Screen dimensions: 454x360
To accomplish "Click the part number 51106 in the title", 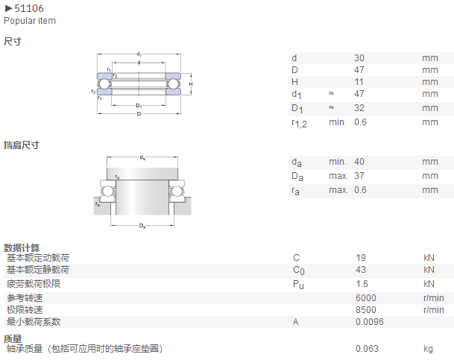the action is [x=29, y=8].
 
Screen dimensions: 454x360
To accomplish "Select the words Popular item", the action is [x=30, y=21].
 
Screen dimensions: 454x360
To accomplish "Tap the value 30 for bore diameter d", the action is [x=359, y=58].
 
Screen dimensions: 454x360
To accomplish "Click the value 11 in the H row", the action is [x=359, y=82].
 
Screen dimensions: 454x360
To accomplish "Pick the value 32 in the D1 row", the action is [x=359, y=107].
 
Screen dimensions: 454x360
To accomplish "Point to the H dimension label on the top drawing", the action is [x=191, y=84].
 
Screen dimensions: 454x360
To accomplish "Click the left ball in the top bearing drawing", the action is [x=104, y=84].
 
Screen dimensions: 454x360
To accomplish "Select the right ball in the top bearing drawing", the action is [x=173, y=84].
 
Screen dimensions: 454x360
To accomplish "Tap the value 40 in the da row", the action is [x=359, y=162].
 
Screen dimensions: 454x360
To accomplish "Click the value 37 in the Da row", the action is [x=359, y=176].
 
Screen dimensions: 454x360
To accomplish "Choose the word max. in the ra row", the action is [x=338, y=190].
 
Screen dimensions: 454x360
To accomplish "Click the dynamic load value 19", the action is [x=361, y=258].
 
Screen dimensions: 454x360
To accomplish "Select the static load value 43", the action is [x=361, y=270].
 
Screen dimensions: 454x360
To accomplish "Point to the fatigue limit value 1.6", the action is [x=362, y=284].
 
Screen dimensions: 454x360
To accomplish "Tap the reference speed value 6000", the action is [x=366, y=298].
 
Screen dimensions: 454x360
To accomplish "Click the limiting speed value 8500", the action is [x=366, y=310].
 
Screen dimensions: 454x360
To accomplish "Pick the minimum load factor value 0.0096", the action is [x=370, y=322].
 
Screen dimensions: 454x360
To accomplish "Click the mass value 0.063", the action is [x=367, y=349].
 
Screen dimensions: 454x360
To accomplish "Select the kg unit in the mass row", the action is [x=428, y=349].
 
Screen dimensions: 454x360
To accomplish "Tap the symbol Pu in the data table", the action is [x=298, y=285].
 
